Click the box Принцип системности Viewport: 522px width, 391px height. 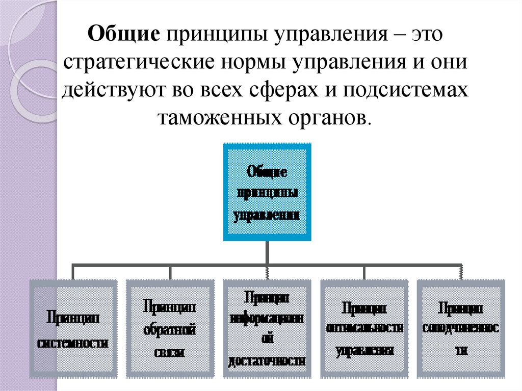click(73, 329)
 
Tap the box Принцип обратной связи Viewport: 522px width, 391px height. click(170, 329)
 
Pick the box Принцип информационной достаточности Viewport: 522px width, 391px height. click(267, 329)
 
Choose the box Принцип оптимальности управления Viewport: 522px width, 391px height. click(363, 329)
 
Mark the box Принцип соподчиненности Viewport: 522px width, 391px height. click(460, 329)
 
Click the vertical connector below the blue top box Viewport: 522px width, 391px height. click(267, 253)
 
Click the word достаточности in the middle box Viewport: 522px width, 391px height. click(267, 361)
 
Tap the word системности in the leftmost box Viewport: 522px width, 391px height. click(73, 343)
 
